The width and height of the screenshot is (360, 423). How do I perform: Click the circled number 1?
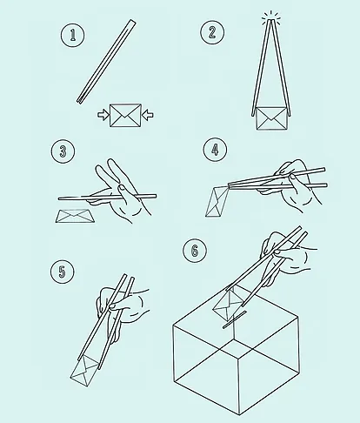click(72, 35)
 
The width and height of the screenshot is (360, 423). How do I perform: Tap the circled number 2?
click(212, 32)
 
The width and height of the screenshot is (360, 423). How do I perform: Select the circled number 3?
click(63, 151)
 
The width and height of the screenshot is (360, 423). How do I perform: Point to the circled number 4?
click(215, 150)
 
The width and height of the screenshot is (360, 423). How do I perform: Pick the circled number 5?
click(63, 272)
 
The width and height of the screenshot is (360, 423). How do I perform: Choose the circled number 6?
click(195, 250)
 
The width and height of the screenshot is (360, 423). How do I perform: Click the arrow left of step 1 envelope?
click(103, 115)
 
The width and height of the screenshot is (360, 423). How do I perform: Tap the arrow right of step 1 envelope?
click(148, 115)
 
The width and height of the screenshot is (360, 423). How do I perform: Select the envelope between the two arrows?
click(125, 115)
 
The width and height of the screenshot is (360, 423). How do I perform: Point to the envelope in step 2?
click(271, 118)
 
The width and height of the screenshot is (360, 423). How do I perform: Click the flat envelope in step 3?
click(75, 216)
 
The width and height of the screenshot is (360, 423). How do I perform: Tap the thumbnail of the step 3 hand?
click(123, 187)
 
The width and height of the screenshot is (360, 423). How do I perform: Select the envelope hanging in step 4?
click(216, 201)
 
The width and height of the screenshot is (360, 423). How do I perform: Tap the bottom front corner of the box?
click(240, 414)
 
